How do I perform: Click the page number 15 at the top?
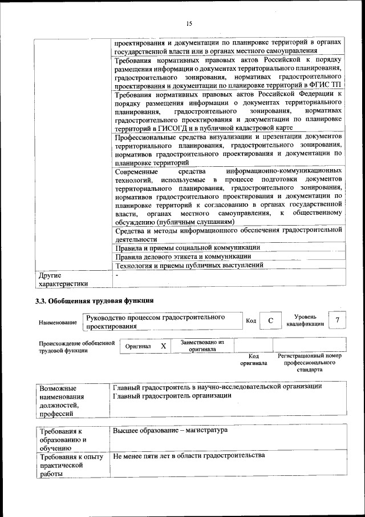[x=189, y=23]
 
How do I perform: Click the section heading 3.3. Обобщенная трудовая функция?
[x=95, y=300]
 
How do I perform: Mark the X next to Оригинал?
[x=163, y=346]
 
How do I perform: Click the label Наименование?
[x=58, y=323]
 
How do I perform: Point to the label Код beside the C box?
[x=250, y=321]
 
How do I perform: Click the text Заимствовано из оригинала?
[x=202, y=346]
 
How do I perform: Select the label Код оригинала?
[x=253, y=360]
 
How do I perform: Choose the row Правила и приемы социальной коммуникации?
[x=188, y=248]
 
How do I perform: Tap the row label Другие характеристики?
[x=63, y=279]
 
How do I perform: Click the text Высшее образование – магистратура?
[x=170, y=429]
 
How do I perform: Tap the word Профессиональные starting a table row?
[x=145, y=137]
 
